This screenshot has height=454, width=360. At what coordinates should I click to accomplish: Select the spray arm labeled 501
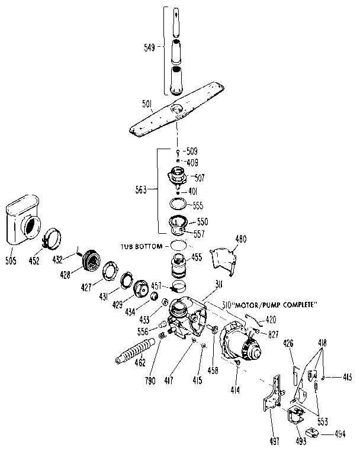pyautogui.click(x=178, y=116)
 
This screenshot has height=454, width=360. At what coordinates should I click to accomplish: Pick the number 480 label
pyautogui.click(x=240, y=240)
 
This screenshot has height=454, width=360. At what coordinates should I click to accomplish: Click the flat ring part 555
pyautogui.click(x=176, y=205)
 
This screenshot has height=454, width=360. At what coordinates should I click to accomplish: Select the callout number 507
pyautogui.click(x=198, y=176)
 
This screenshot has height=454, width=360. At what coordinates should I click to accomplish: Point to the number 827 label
pyautogui.click(x=272, y=335)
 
